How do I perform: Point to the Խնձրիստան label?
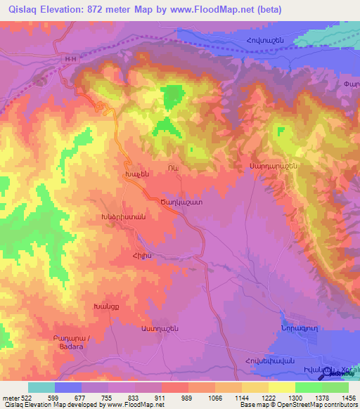pyautogui.click(x=123, y=218)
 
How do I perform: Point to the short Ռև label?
pyautogui.click(x=172, y=167)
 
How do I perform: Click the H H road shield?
pyautogui.click(x=68, y=60)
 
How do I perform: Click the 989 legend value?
pyautogui.click(x=187, y=397)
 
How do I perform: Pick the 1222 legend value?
pyautogui.click(x=267, y=397)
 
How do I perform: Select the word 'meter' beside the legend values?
pyautogui.click(x=10, y=397)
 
